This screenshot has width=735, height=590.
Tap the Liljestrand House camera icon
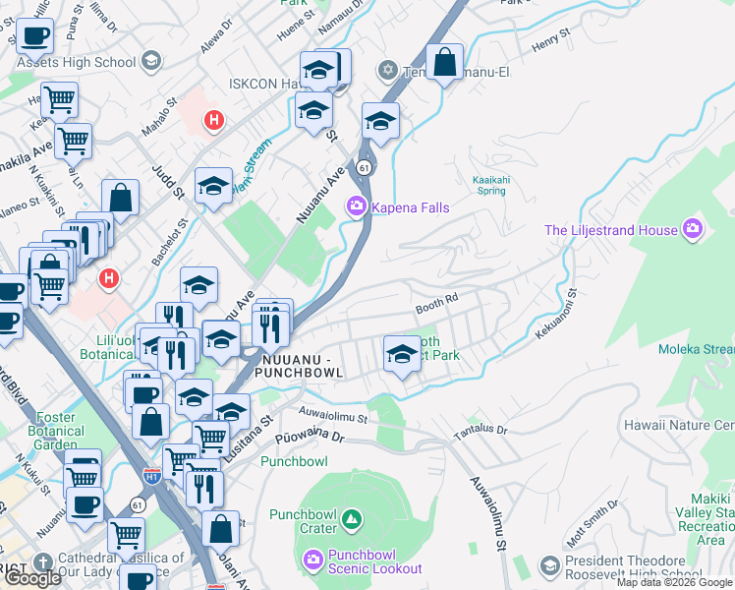(694, 230)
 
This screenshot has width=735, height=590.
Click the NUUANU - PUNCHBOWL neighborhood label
(298, 366)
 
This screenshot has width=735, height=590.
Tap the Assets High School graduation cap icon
(150, 62)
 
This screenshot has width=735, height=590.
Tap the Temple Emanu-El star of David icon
(388, 70)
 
